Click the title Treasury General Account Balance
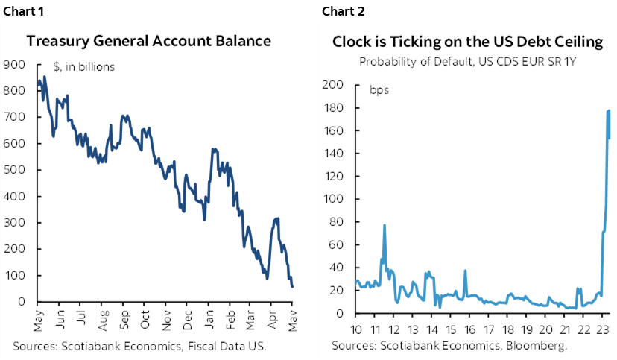pyautogui.click(x=149, y=41)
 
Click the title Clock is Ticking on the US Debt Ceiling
pyautogui.click(x=466, y=41)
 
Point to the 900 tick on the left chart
pyautogui.click(x=15, y=65)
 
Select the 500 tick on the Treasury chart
pyautogui.click(x=15, y=170)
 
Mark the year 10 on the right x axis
pyautogui.click(x=357, y=328)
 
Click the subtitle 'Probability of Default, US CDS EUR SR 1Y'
pyautogui.click(x=466, y=61)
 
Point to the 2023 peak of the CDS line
pyautogui.click(x=609, y=110)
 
